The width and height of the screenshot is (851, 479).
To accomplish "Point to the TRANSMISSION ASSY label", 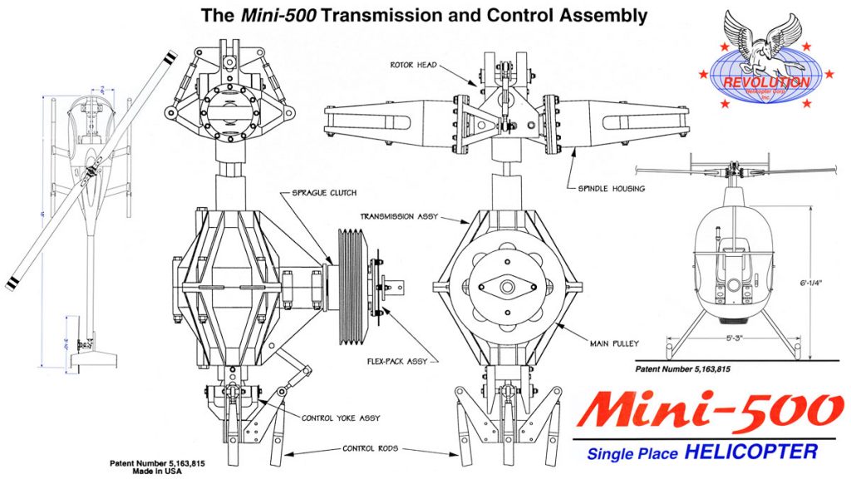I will coord(393,215).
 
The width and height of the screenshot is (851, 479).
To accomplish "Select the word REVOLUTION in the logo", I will coord(766,82).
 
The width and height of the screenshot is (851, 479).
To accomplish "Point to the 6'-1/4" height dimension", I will coord(827,284).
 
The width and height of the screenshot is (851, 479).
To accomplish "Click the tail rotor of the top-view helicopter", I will coord(83,343).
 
